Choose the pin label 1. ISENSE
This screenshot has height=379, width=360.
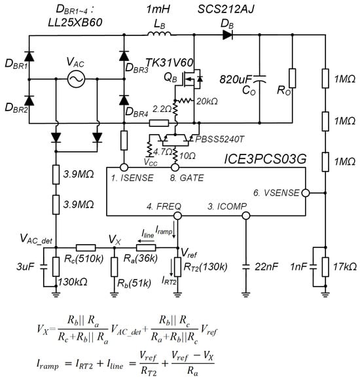[133, 176]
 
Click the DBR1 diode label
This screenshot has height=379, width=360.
[14, 67]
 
